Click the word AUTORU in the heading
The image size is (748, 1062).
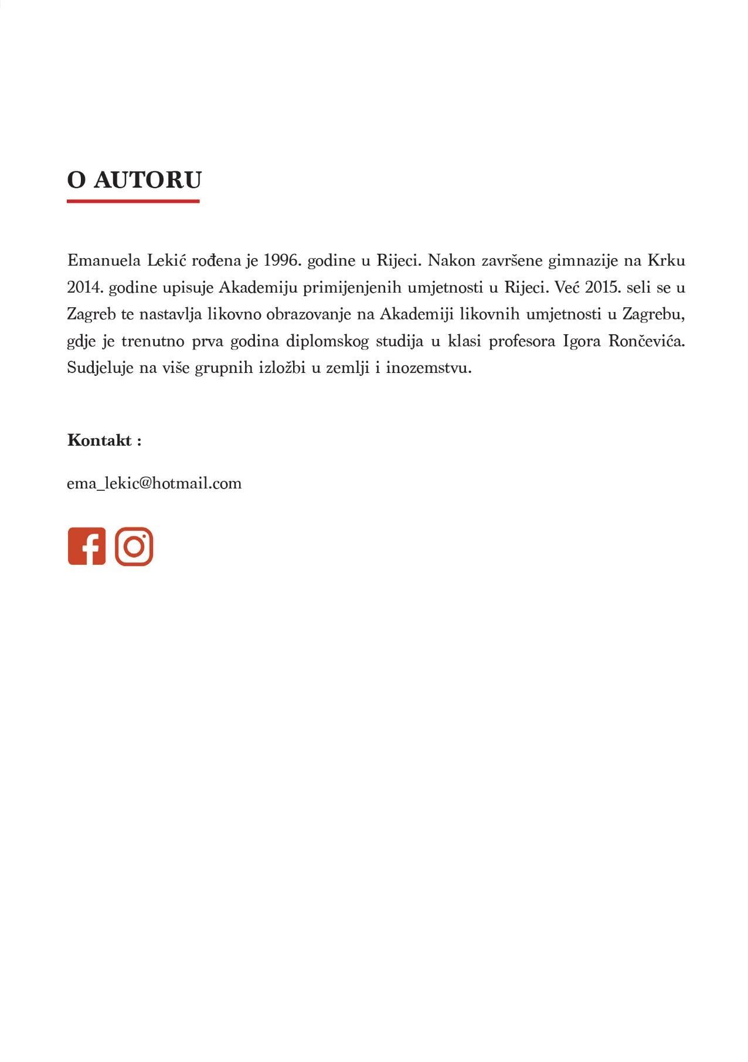pos(148,179)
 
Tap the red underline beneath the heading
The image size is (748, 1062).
pos(133,201)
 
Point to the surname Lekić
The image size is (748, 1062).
pos(166,260)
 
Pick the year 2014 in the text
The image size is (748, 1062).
pos(84,287)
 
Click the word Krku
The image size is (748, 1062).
pos(666,260)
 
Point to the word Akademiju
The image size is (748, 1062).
pos(257,287)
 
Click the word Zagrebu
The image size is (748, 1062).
pos(653,314)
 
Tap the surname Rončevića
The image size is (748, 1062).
pos(647,341)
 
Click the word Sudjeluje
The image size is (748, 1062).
pos(100,368)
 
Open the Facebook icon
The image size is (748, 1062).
pos(87,547)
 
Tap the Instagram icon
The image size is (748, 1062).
pos(134,547)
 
